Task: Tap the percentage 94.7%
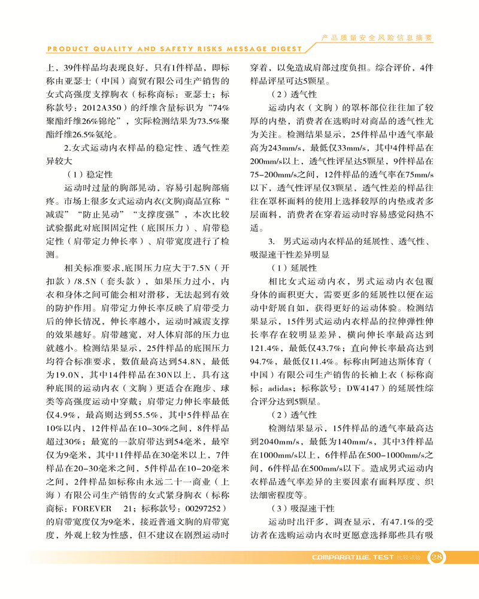tap(269, 363)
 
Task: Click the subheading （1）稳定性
tap(88, 175)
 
